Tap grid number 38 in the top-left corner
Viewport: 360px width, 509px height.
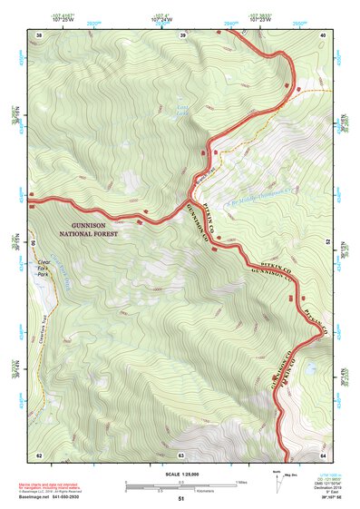38,35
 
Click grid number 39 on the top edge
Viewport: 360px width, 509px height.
182,35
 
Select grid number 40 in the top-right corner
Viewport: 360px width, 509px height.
323,35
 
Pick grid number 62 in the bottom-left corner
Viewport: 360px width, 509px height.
38,455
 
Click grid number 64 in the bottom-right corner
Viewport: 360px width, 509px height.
323,455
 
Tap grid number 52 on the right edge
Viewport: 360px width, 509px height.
327,244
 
